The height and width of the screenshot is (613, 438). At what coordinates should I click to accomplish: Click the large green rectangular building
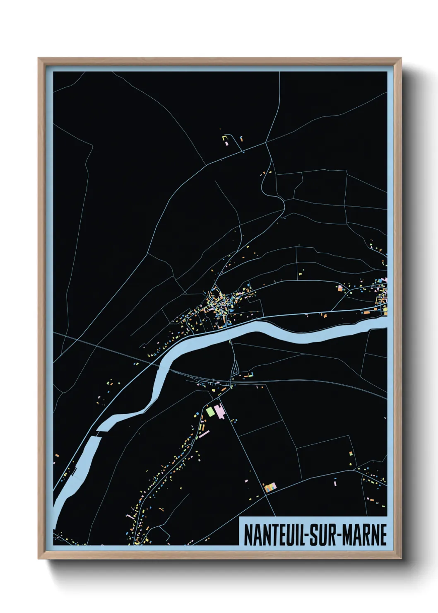(211, 411)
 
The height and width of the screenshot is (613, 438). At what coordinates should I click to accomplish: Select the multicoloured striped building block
(270, 487)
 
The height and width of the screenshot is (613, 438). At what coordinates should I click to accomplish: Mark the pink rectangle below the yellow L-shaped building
(227, 144)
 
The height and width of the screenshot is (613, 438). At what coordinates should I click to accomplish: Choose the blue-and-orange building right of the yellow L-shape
(241, 139)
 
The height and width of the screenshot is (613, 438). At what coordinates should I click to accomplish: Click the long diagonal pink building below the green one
(204, 434)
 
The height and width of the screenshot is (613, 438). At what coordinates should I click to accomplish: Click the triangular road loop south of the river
(235, 369)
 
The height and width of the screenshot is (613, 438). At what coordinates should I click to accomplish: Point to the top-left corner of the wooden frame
(39, 59)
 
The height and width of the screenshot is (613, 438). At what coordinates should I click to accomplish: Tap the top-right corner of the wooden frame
(400, 59)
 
